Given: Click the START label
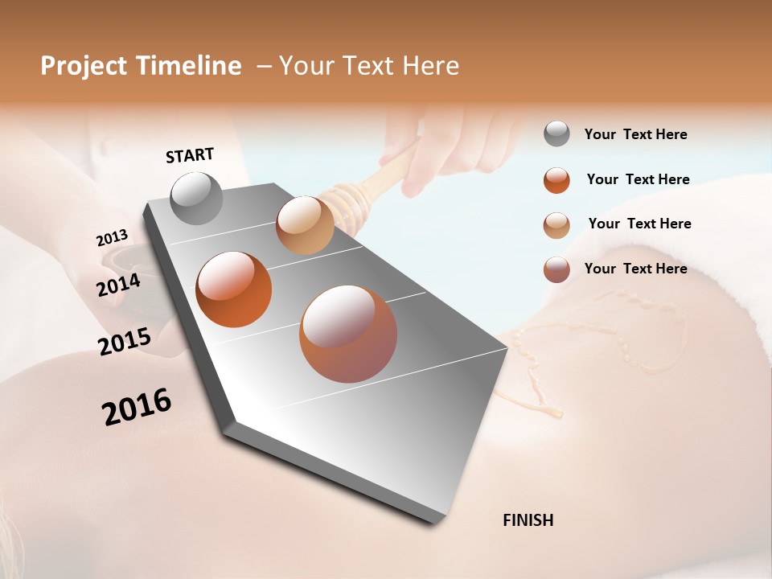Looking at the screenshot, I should [x=190, y=155].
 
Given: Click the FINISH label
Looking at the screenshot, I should [x=528, y=520].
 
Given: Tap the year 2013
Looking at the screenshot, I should [x=113, y=238].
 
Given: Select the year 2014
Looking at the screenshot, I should [x=118, y=285].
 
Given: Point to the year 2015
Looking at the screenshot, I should [x=125, y=342].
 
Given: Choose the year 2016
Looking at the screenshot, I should [x=137, y=407].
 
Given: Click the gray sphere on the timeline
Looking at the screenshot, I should [x=197, y=198].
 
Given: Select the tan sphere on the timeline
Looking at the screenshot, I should [x=305, y=225].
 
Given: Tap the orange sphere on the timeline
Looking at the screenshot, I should [x=233, y=289].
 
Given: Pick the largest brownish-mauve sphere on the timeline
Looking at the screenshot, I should [x=348, y=334].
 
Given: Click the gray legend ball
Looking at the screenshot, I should [x=556, y=133].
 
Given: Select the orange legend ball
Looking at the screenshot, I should [x=556, y=180].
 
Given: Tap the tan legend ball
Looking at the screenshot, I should [x=556, y=225].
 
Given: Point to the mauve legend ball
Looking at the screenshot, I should [x=556, y=269].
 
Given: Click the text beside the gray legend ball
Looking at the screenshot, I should [x=635, y=134].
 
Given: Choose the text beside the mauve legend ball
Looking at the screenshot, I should [x=635, y=269].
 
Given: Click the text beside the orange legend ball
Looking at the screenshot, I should [x=638, y=179].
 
